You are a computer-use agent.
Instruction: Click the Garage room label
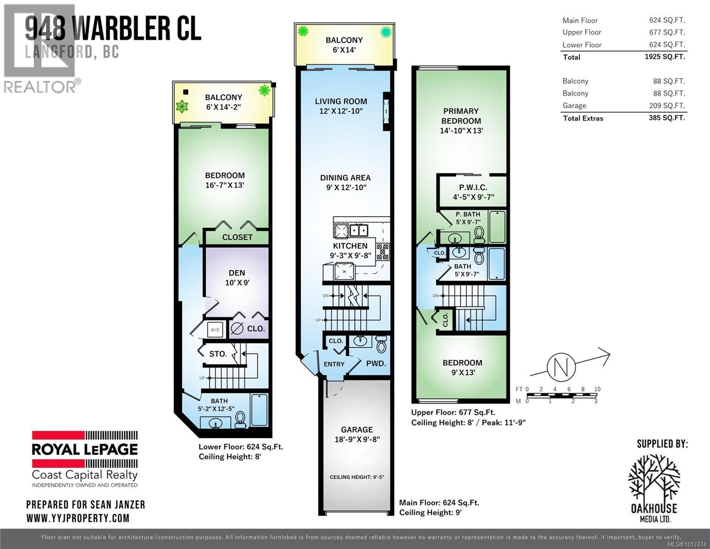coord(357,430)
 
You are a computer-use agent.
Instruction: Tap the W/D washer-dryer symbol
coord(214,329)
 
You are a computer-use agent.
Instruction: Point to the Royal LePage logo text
coord(85,449)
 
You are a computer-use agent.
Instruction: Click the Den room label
coord(237,273)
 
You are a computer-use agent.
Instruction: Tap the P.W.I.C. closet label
coord(473,187)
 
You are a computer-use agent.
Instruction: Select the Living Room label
coord(341,102)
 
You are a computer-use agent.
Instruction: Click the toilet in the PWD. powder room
coord(381,344)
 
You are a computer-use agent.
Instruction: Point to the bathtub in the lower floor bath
coord(259,410)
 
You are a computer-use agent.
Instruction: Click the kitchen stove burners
coord(382,252)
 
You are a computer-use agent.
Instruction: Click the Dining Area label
coord(345,178)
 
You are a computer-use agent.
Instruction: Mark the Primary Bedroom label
coord(461,116)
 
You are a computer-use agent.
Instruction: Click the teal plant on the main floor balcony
coord(386,32)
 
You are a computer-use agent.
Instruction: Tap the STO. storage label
coord(218,354)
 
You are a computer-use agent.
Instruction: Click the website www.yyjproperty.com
coord(78,518)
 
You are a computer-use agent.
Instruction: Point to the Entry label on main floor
coord(334,364)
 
